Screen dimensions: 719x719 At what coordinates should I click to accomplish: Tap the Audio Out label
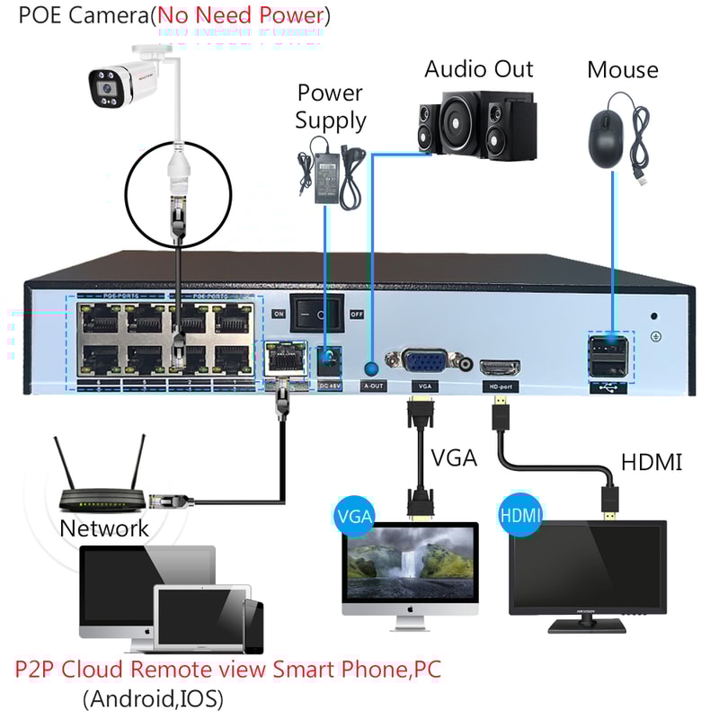point(478,69)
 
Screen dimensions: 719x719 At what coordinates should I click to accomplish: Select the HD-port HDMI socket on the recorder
point(500,367)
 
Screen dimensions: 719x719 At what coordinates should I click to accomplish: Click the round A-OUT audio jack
point(370,367)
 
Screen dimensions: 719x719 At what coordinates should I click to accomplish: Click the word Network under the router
point(104,528)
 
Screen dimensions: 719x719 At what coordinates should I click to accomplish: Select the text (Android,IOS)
point(152,697)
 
